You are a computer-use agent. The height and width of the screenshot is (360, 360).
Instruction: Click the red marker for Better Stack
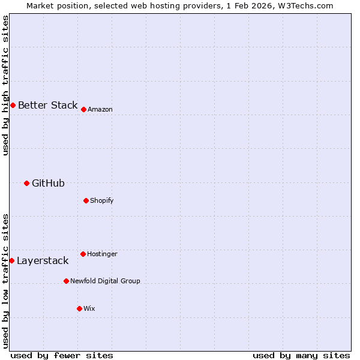tap(13, 105)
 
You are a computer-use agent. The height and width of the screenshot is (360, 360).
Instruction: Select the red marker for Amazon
tap(83, 109)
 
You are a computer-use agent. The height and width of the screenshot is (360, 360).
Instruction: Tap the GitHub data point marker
tap(26, 183)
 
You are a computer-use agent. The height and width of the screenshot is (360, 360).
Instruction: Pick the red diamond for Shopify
tap(86, 200)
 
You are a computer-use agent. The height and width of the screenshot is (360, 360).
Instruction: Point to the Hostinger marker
tap(83, 254)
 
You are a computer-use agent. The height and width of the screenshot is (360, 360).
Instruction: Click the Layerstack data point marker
tap(11, 260)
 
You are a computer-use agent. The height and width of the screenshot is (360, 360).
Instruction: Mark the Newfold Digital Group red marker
tap(66, 281)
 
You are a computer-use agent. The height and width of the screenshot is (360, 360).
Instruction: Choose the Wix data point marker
tap(79, 308)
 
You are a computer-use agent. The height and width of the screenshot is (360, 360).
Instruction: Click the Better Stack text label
tap(47, 105)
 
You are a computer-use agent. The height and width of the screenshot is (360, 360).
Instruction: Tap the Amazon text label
tap(100, 109)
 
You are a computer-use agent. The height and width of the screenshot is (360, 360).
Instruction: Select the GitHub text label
tap(48, 183)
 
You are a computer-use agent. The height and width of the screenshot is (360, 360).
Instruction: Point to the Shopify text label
tap(102, 200)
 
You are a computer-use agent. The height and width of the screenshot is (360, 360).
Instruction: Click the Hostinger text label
tap(102, 254)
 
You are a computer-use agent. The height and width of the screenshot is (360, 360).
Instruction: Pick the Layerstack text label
tap(43, 260)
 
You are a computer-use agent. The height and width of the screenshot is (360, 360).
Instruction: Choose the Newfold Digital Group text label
tap(105, 281)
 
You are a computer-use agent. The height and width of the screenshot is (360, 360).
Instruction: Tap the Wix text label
tap(89, 308)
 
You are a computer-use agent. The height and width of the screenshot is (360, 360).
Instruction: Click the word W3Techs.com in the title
tap(305, 5)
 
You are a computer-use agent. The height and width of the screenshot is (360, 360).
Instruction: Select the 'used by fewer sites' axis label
tap(62, 355)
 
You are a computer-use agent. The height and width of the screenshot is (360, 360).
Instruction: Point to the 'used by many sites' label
tap(301, 355)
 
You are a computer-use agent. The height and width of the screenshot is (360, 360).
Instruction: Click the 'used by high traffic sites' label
tap(5, 85)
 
